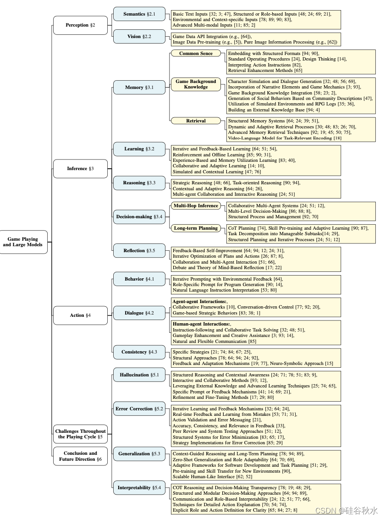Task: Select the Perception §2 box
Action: [x=80, y=25]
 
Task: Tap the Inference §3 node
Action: [x=80, y=169]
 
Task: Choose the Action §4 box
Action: [x=80, y=315]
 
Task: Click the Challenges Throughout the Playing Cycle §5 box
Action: [x=80, y=434]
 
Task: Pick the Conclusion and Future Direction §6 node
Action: [x=80, y=456]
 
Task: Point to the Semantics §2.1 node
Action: [x=139, y=14]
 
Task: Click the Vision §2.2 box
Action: [x=139, y=37]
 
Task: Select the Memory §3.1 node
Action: [x=139, y=88]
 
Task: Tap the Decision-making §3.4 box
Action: [x=139, y=216]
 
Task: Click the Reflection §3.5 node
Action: [x=139, y=251]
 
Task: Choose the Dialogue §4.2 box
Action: [x=139, y=313]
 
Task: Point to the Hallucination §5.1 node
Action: [x=139, y=375]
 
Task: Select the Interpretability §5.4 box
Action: [x=139, y=488]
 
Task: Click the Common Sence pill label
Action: [x=196, y=54]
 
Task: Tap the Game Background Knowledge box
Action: [x=196, y=84]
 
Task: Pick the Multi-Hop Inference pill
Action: [x=196, y=206]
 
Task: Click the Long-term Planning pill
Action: [x=196, y=228]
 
